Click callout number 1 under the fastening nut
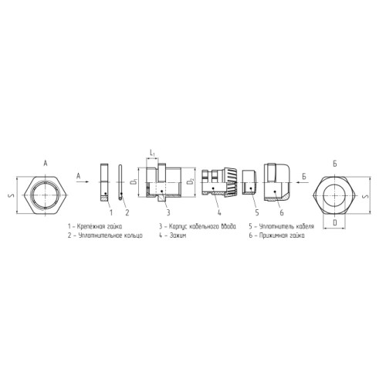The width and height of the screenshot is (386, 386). [x=111, y=212]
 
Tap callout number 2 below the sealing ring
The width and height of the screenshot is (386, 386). [x=127, y=212]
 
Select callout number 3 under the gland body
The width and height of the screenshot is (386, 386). [x=168, y=212]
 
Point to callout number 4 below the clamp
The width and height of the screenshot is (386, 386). [x=219, y=212]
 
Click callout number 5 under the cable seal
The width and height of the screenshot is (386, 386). [x=257, y=212]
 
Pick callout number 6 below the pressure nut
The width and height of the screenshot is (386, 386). [x=282, y=212]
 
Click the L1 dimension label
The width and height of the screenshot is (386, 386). [x=152, y=154]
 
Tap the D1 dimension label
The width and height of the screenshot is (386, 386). [x=134, y=182]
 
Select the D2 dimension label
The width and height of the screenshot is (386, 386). [x=191, y=182]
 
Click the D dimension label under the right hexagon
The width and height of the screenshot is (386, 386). [x=335, y=222]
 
